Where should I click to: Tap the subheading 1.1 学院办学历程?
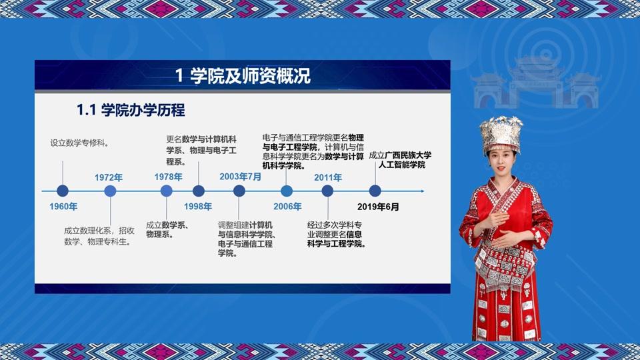pyautogui.click(x=131, y=110)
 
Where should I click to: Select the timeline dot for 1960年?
pyautogui.click(x=63, y=191)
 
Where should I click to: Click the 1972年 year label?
pyautogui.click(x=109, y=177)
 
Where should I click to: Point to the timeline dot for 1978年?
pyautogui.click(x=166, y=191)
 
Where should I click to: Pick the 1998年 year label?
pyautogui.click(x=198, y=207)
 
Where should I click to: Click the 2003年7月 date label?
pyautogui.click(x=241, y=177)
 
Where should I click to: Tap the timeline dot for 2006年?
pyautogui.click(x=287, y=191)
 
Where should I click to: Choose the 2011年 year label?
pyautogui.click(x=328, y=177)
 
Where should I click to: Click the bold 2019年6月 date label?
pyautogui.click(x=378, y=207)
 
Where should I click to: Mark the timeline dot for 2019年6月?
pyautogui.click(x=375, y=191)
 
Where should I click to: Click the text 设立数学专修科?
pyautogui.click(x=79, y=143)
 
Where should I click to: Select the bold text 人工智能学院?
pyautogui.click(x=401, y=165)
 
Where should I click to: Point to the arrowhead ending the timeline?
pyautogui.click(x=422, y=191)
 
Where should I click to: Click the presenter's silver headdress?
pyautogui.click(x=501, y=134)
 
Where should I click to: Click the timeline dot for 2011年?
pyautogui.click(x=327, y=191)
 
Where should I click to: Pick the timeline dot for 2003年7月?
pyautogui.click(x=239, y=191)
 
